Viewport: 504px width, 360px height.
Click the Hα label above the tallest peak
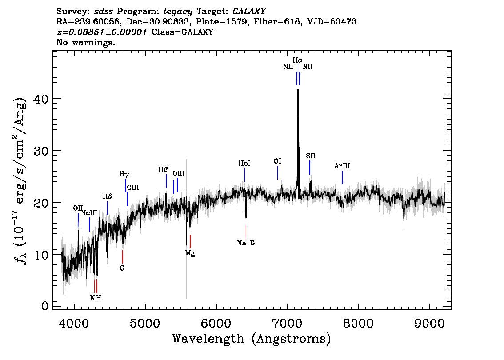click(x=297, y=60)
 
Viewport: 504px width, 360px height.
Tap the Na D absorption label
click(x=246, y=243)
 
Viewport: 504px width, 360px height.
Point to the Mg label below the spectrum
click(x=190, y=254)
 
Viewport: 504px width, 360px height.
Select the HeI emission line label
click(x=244, y=163)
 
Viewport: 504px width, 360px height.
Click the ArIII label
click(x=342, y=166)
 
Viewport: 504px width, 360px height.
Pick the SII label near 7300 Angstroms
click(x=311, y=156)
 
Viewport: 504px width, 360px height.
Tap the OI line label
click(x=277, y=161)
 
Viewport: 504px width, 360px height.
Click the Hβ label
click(x=163, y=170)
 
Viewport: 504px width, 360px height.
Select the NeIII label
click(x=89, y=213)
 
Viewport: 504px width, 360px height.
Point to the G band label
click(x=122, y=268)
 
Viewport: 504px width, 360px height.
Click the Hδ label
click(x=107, y=196)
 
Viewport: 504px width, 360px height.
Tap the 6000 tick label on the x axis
click(x=216, y=323)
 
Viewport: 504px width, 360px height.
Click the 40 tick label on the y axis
click(x=41, y=99)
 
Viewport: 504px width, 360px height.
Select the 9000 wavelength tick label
click(x=429, y=323)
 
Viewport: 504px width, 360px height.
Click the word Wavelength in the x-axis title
click(x=208, y=339)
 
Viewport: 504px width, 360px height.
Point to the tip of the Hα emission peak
click(x=298, y=89)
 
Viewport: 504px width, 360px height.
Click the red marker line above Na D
click(x=246, y=232)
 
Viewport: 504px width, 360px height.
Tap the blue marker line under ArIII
click(x=342, y=177)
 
